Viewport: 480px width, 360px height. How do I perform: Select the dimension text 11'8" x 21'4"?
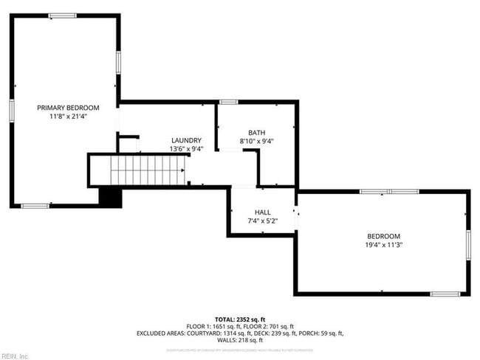(x=68, y=116)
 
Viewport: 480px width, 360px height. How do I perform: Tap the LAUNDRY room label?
(x=186, y=140)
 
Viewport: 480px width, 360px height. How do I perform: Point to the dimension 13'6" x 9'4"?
(x=186, y=149)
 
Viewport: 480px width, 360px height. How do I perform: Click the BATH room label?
(x=256, y=133)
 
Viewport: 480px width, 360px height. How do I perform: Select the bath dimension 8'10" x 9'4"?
(x=256, y=142)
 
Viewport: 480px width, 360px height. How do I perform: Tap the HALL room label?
(x=262, y=212)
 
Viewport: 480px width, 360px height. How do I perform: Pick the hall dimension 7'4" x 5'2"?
(x=262, y=221)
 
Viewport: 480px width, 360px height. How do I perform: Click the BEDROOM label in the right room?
(x=384, y=236)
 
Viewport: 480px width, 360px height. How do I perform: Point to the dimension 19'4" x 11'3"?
(x=384, y=245)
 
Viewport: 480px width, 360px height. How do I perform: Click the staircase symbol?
(x=148, y=170)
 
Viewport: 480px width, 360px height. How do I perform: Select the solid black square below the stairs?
(x=109, y=197)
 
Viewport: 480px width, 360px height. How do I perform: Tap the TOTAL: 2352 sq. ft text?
(x=240, y=319)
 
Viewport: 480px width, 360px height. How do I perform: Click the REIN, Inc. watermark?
(x=15, y=356)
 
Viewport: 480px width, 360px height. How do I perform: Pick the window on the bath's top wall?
(x=229, y=102)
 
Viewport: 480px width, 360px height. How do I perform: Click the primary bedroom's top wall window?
(x=62, y=15)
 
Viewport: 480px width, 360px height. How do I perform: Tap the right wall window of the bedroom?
(x=468, y=244)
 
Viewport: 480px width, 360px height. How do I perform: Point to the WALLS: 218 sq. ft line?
(x=240, y=340)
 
